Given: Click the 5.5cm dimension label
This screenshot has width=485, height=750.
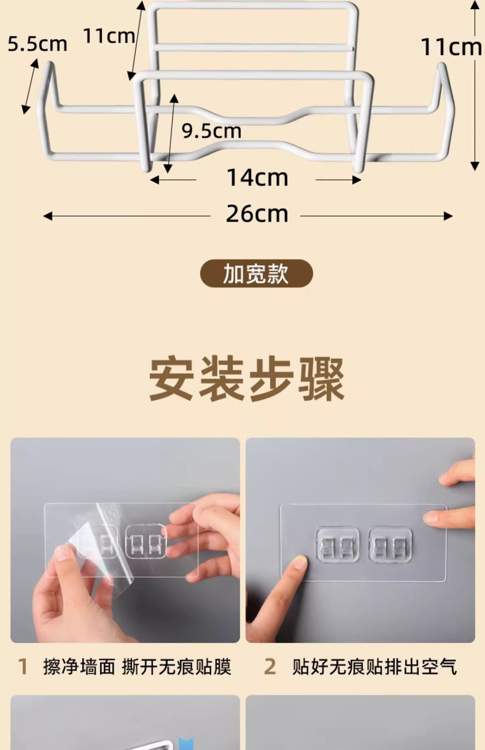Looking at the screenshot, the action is [37, 44].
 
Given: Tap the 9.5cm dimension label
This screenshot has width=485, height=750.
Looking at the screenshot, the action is [211, 131].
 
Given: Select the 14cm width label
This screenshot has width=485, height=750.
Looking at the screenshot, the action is [257, 177].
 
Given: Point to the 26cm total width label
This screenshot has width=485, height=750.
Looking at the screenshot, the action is [257, 214].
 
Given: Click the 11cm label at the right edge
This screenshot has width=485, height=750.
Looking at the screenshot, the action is [451, 47].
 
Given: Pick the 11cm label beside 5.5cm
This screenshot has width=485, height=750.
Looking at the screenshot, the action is [109, 36].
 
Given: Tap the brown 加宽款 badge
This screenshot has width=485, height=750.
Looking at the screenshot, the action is [257, 273].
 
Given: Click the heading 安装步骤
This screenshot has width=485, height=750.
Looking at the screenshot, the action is [247, 379].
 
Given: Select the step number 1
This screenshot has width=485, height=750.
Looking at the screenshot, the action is [23, 666].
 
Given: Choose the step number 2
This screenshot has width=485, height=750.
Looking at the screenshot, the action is [270, 666].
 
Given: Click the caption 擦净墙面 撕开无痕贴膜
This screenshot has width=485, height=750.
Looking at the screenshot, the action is [137, 666].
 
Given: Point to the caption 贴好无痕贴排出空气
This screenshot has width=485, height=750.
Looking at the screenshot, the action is [374, 666].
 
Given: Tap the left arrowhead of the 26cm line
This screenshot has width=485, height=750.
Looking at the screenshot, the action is [48, 216].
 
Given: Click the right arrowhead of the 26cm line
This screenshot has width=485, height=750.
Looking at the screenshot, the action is [448, 216].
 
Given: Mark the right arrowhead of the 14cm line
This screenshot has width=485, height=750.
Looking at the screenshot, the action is [357, 180].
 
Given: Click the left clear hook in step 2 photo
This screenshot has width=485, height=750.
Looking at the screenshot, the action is [338, 544].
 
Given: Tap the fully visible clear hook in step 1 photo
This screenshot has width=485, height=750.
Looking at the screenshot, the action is [146, 542].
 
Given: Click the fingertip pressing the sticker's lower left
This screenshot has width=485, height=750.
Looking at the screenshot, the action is [299, 562].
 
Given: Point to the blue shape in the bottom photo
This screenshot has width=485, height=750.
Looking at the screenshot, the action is [186, 741].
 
